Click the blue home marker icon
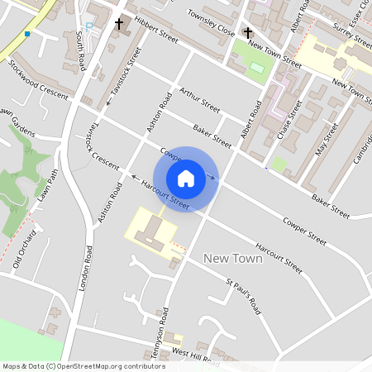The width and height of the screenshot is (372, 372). pos(186,178)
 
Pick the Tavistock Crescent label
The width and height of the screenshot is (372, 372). pos(103,144)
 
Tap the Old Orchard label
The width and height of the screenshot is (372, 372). pos(26,250)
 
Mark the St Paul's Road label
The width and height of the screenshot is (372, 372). pos(244,297)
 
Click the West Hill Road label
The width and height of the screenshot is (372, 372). pos(195,356)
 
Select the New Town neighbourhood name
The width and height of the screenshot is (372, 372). pos(232,259)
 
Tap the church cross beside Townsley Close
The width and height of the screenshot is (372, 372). pos(248,32)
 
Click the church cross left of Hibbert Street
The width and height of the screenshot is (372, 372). pos(119,24)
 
